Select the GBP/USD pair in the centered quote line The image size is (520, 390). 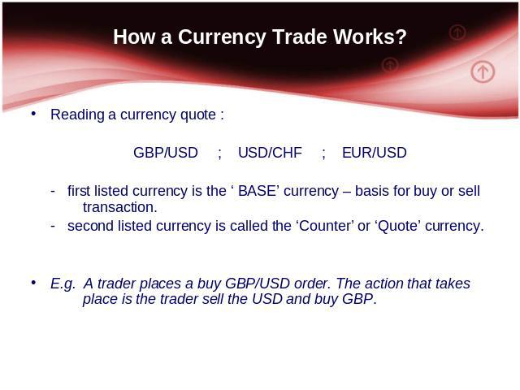click(x=166, y=153)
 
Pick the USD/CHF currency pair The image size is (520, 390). click(x=270, y=153)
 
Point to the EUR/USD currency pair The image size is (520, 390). click(x=374, y=153)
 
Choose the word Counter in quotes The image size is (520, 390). click(x=325, y=226)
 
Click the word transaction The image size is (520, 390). click(x=119, y=208)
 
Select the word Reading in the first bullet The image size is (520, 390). click(x=77, y=115)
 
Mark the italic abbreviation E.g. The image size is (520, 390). click(x=63, y=284)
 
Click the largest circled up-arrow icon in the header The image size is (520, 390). click(x=483, y=71)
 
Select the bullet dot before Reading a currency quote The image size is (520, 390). click(x=33, y=114)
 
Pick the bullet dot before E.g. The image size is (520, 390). click(x=33, y=283)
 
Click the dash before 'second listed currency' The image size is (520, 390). click(x=53, y=226)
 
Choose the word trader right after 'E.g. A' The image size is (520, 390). click(x=116, y=284)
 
